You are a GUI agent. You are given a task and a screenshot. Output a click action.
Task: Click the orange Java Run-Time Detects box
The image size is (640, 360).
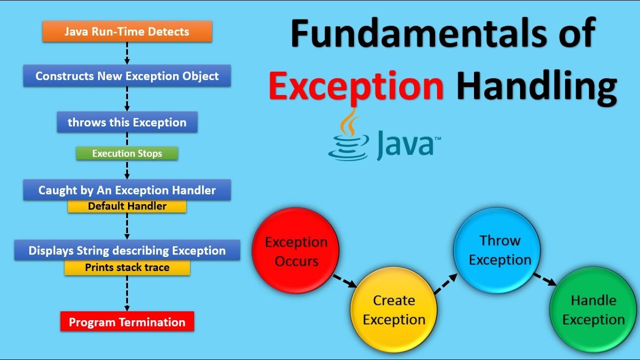point(127,31)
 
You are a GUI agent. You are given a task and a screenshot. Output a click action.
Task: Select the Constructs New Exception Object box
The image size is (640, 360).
point(127,76)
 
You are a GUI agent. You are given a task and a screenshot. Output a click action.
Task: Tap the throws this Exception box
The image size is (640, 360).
point(127,122)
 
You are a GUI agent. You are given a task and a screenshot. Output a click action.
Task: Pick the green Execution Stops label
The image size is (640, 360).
point(127,153)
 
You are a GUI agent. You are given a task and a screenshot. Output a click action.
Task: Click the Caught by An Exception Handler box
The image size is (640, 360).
point(127,190)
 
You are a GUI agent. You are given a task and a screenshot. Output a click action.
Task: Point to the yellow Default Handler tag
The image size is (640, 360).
point(127,206)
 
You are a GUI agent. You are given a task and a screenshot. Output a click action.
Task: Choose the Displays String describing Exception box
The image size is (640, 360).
point(127,250)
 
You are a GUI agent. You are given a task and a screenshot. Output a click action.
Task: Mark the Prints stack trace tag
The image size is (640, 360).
point(127,267)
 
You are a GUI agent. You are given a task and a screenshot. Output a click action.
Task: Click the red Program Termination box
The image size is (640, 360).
point(127,322)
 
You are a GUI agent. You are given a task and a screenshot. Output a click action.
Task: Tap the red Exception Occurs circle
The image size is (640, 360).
point(296,251)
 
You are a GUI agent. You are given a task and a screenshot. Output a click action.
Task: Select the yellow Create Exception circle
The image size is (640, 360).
point(394,310)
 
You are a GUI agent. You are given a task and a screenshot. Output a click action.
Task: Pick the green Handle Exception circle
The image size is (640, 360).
point(593,310)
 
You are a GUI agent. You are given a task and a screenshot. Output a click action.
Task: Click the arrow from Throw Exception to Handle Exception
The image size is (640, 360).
point(544,279)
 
